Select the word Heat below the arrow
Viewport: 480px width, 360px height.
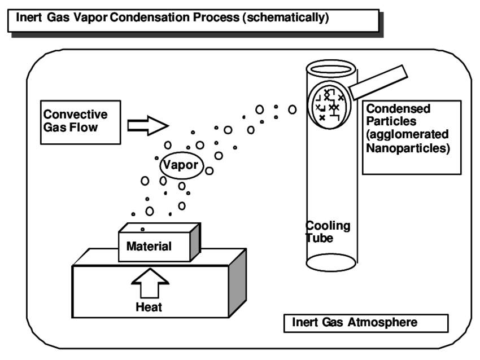pyautogui.click(x=149, y=308)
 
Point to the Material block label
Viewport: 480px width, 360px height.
pyautogui.click(x=149, y=247)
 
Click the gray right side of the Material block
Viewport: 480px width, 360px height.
pyautogui.click(x=195, y=240)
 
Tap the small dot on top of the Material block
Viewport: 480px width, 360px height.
pyautogui.click(x=142, y=229)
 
